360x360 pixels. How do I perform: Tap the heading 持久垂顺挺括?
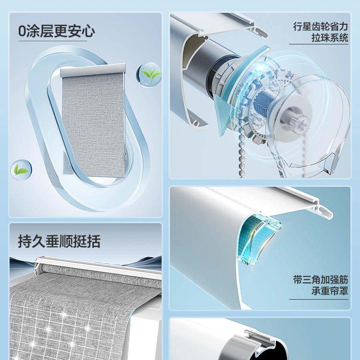coord(59,241)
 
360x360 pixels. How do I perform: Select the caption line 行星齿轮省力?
coord(320,27)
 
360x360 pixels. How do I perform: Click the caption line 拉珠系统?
coord(330,38)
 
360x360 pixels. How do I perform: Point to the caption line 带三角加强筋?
coord(320,280)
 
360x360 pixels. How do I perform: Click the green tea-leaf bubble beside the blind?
coord(150,74)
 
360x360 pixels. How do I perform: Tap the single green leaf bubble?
coord(20,170)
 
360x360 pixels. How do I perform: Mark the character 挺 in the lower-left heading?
coord(80,241)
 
